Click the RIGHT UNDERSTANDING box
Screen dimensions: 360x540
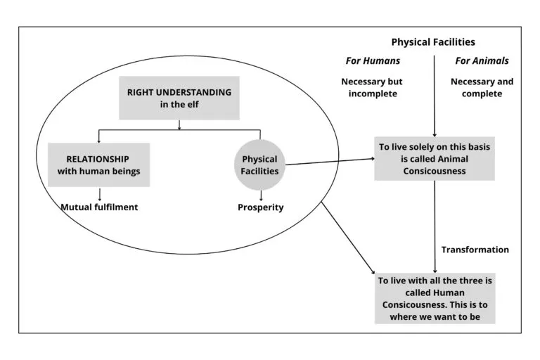point(179,98)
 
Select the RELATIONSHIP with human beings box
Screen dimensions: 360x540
point(98,165)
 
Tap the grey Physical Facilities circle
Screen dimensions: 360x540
point(260,165)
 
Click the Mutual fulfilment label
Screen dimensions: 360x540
point(98,207)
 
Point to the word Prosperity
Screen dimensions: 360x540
point(260,207)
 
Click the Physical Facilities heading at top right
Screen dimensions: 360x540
point(433,42)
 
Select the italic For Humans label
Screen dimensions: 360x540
point(373,61)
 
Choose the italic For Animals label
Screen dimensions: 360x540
point(482,61)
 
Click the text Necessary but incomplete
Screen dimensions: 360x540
point(373,87)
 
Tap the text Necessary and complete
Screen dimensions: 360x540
point(482,87)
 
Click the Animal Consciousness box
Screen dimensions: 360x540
point(434,158)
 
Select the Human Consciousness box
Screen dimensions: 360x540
point(434,298)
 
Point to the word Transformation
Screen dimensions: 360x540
point(475,250)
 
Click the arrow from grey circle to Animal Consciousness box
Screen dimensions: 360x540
point(330,162)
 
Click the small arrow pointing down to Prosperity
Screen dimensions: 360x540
point(261,195)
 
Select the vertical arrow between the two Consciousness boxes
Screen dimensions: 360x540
point(434,225)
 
